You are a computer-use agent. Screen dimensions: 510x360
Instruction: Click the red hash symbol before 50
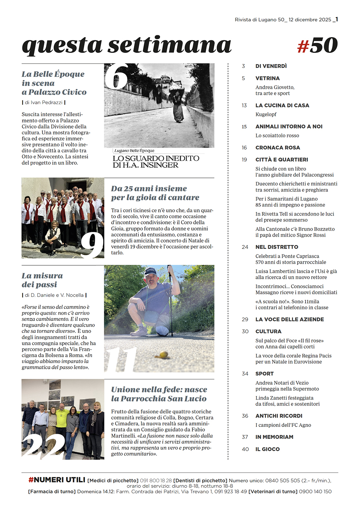[x=303, y=46]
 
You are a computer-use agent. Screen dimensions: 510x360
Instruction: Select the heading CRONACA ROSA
[x=278, y=148]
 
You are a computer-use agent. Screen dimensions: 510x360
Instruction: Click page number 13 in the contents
[x=244, y=106]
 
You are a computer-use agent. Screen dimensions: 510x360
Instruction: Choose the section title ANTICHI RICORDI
[x=279, y=416]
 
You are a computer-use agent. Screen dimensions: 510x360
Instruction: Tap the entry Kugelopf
[x=266, y=114]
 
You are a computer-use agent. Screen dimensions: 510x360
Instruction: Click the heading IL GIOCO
[x=267, y=449]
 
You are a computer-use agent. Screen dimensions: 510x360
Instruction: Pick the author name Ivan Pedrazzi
[x=46, y=103]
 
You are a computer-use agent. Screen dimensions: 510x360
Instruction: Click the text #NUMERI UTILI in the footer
[x=57, y=480]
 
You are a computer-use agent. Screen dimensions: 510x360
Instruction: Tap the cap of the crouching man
[x=150, y=270]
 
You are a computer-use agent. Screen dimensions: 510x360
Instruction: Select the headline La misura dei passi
[x=42, y=280]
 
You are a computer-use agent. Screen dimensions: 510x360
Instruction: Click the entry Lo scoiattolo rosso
[x=277, y=136]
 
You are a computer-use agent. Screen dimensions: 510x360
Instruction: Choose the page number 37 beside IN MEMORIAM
[x=245, y=437]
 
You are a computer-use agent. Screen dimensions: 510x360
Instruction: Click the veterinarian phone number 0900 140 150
[x=315, y=491]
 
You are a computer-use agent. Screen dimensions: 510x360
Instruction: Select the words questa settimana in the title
[x=126, y=45]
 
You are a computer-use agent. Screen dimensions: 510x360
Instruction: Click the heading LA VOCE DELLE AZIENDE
[x=290, y=319]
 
